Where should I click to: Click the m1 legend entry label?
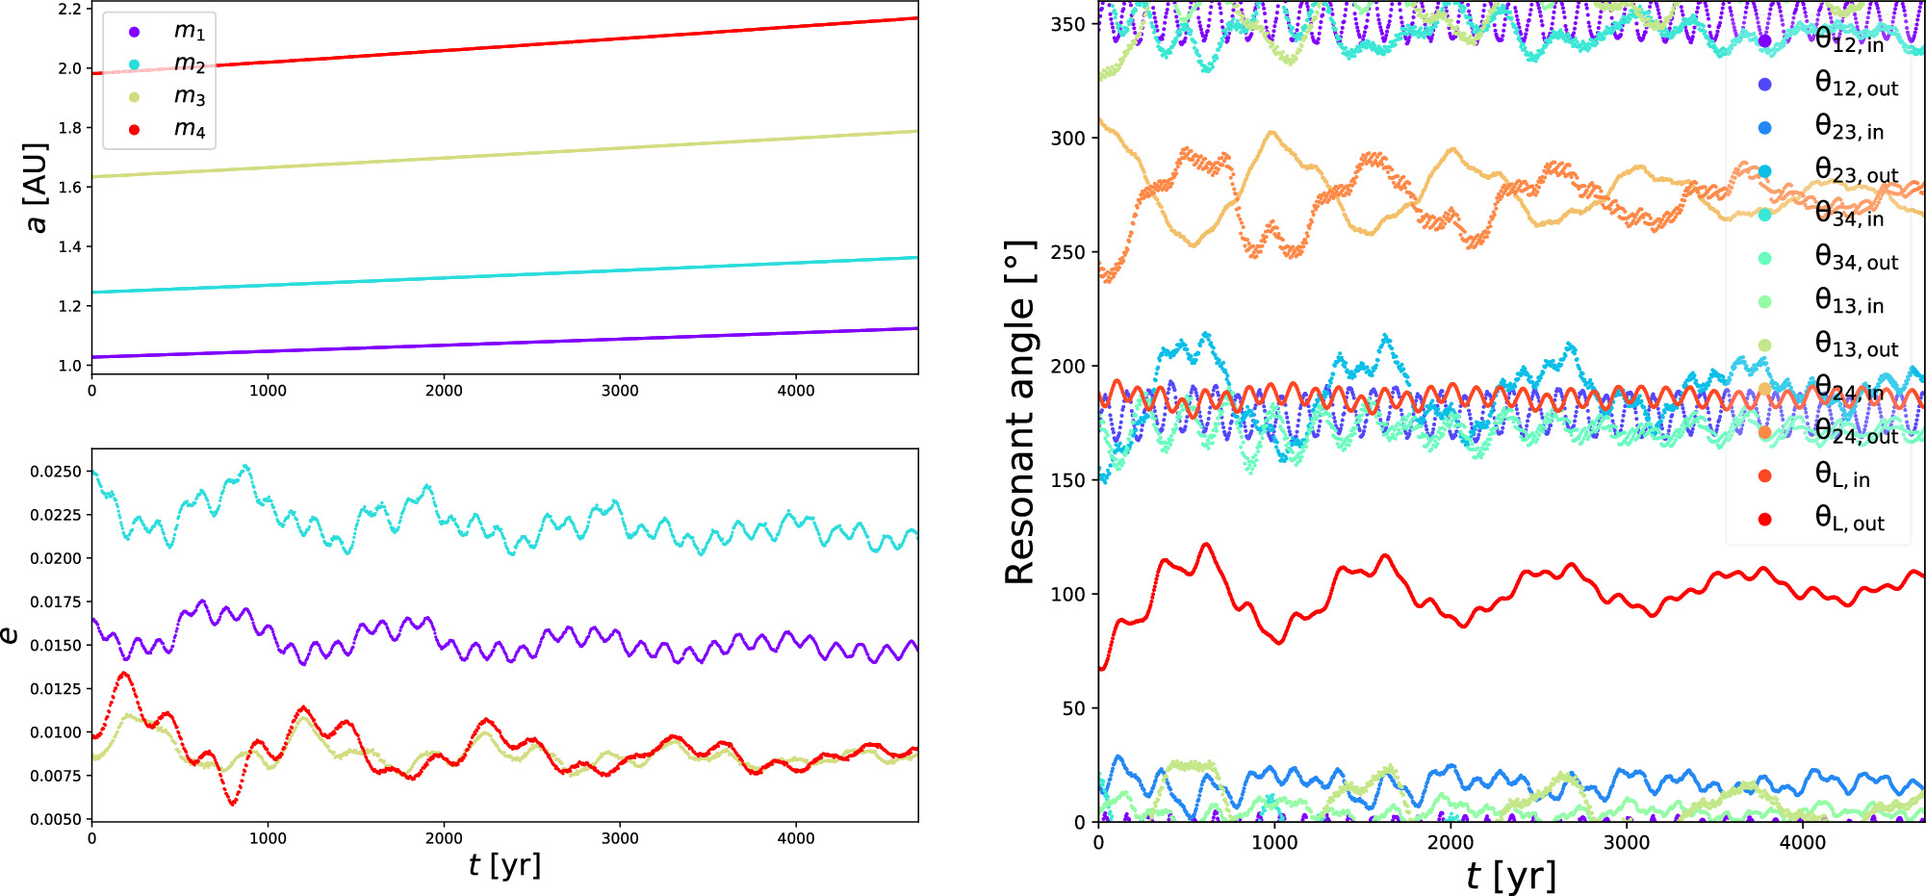[x=189, y=31]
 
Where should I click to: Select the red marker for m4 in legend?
[x=135, y=129]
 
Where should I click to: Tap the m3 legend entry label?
[x=189, y=96]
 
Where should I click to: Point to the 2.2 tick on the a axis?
[x=68, y=9]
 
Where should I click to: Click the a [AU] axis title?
[x=36, y=188]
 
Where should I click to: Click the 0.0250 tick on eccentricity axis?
[x=55, y=472]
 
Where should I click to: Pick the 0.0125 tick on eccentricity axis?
[x=55, y=689]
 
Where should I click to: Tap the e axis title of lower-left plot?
[x=10, y=635]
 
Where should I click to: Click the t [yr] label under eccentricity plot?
[x=504, y=865]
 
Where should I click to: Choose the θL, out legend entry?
[x=1848, y=520]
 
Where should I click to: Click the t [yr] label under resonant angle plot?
[x=1511, y=876]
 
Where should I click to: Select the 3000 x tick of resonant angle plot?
[x=1627, y=842]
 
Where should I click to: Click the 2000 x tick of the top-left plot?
[x=444, y=391]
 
